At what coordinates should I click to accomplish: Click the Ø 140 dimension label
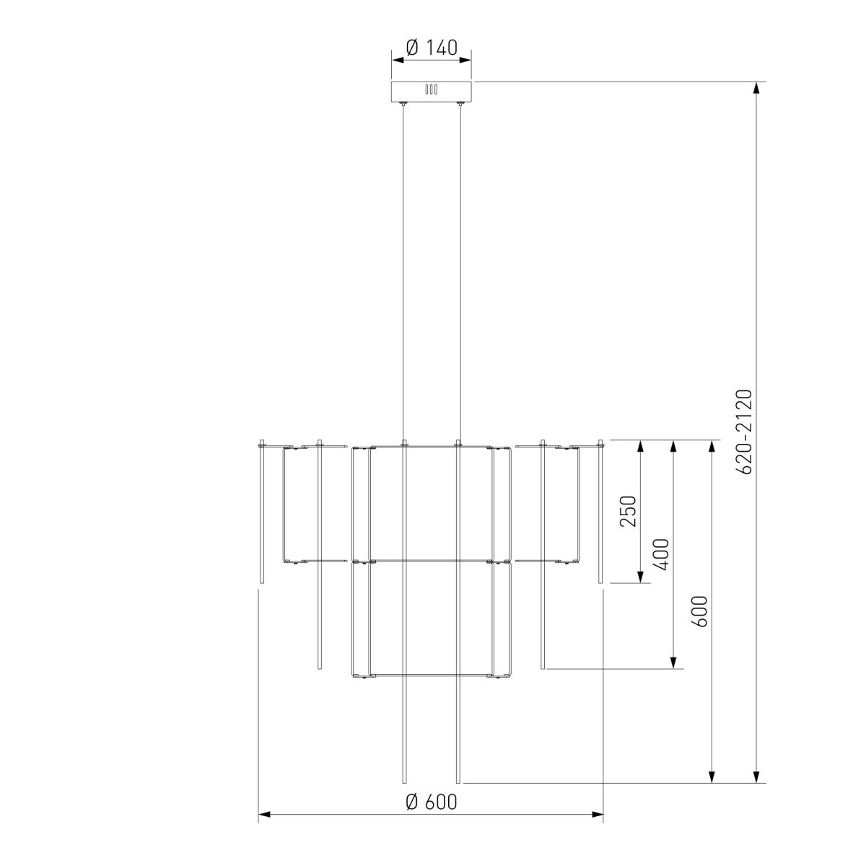click(431, 48)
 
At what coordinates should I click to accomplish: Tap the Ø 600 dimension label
click(431, 801)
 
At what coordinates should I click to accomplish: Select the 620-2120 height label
click(744, 432)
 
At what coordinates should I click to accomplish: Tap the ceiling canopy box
click(431, 91)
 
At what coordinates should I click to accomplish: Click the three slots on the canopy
click(431, 89)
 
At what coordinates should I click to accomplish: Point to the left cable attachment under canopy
click(403, 104)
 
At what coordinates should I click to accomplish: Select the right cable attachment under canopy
click(459, 104)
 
